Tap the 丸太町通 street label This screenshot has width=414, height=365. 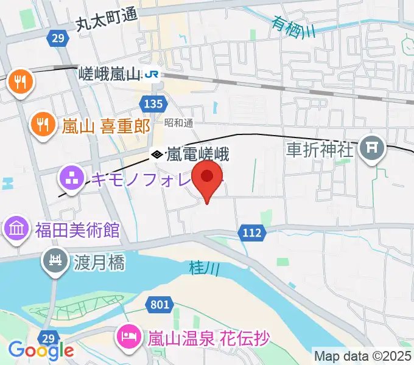pos(106,23)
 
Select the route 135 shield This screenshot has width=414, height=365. pos(154,103)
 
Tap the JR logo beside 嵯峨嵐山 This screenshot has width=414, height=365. pos(152,74)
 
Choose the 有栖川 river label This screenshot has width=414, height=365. pos(294,27)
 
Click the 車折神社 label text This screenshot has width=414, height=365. pos(320,150)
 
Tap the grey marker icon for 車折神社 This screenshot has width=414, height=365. pos(370,148)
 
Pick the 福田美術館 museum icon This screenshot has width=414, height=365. pos(16,230)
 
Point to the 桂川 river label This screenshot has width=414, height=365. pos(200,267)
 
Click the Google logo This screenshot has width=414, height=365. pos(41,350)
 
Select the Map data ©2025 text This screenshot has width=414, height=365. pos(363,356)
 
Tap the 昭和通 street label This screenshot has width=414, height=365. pos(179,122)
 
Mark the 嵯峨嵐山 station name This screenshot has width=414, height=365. pos(110,74)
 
